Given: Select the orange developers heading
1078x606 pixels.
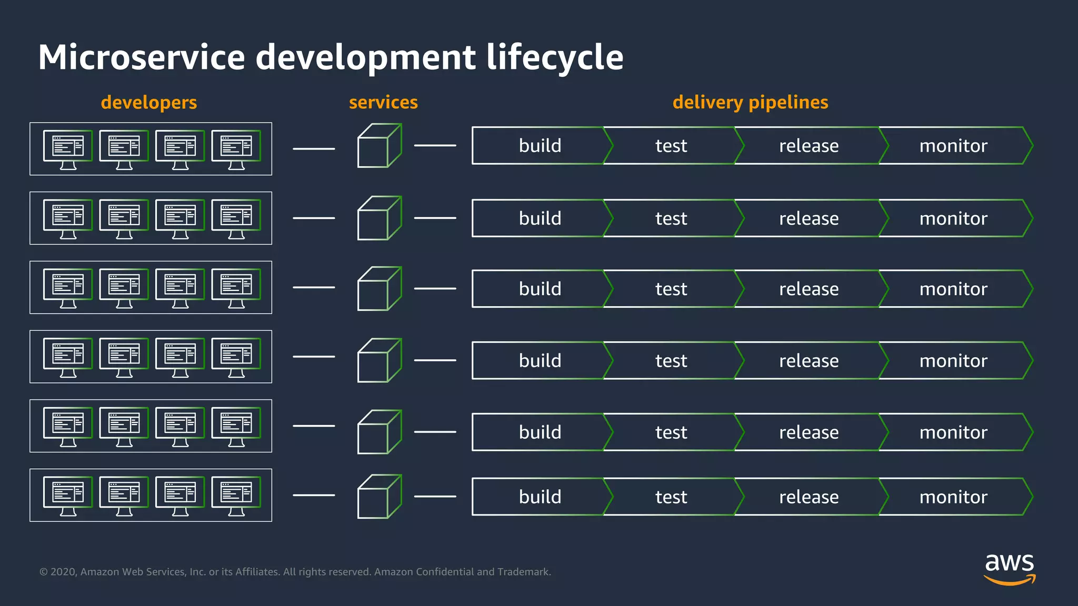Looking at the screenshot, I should [x=149, y=102].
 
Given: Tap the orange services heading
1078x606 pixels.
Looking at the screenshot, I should [x=383, y=102].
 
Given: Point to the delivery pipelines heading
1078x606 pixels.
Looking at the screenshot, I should [x=750, y=102].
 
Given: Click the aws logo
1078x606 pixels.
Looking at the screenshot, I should [x=1009, y=569].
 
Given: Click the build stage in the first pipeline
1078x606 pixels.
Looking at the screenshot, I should [x=540, y=146].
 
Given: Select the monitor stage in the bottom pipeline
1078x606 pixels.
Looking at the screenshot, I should [x=953, y=497].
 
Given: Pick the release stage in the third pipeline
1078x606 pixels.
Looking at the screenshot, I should [x=808, y=289].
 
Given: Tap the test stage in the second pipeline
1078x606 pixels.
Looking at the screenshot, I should [x=671, y=218].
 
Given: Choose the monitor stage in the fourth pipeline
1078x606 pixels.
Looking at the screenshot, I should [x=953, y=361].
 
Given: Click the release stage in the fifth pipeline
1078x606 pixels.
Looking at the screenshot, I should [x=808, y=432].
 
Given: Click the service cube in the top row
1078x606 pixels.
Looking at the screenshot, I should [x=379, y=146].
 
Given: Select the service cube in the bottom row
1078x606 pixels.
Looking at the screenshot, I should [x=379, y=497].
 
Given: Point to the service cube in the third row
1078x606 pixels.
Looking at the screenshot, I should [x=379, y=289].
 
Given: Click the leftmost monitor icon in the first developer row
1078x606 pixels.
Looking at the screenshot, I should [x=68, y=149].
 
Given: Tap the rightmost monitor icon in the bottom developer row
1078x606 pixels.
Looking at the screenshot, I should [x=236, y=496].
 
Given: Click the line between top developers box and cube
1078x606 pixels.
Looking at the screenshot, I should [x=314, y=149].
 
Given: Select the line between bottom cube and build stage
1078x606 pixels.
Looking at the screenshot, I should [x=435, y=496].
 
